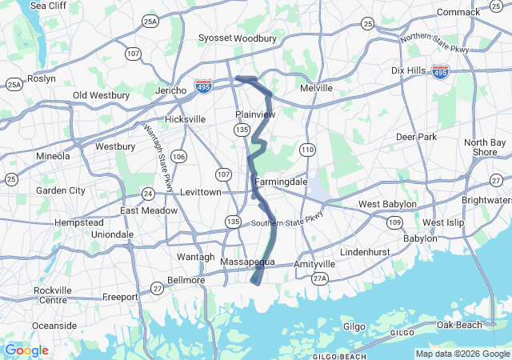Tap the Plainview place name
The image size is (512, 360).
[x=255, y=114]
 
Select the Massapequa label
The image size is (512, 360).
[x=247, y=262]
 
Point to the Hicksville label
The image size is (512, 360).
[x=185, y=119]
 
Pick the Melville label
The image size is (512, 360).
[x=315, y=88]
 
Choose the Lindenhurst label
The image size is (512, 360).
[x=363, y=252]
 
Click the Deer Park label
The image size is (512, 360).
[x=416, y=137]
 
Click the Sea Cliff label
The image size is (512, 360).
[x=48, y=6]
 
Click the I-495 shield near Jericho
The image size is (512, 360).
[x=204, y=85]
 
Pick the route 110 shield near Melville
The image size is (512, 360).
[x=307, y=150]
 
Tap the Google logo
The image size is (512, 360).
[x=26, y=350]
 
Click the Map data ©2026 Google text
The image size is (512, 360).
[x=461, y=354]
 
